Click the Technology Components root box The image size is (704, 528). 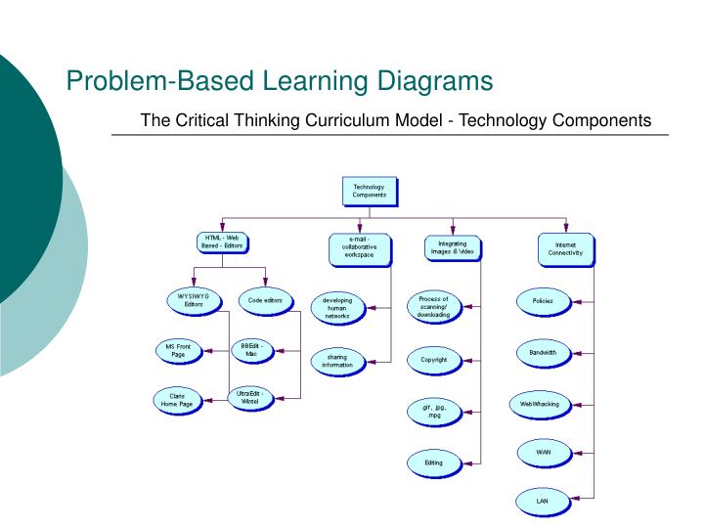click(x=370, y=191)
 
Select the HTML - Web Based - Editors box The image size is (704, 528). click(x=224, y=242)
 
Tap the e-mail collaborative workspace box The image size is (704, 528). click(x=361, y=248)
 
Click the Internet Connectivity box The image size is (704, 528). click(x=565, y=248)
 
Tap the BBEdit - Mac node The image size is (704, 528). click(x=251, y=349)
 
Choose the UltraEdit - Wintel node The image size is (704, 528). click(x=251, y=398)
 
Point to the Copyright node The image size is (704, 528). click(x=433, y=359)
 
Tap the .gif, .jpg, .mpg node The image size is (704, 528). click(x=433, y=411)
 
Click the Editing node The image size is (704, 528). click(x=433, y=462)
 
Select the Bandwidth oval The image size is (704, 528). click(x=542, y=352)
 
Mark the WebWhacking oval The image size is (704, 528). click(x=541, y=403)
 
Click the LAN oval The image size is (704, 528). click(x=542, y=501)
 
